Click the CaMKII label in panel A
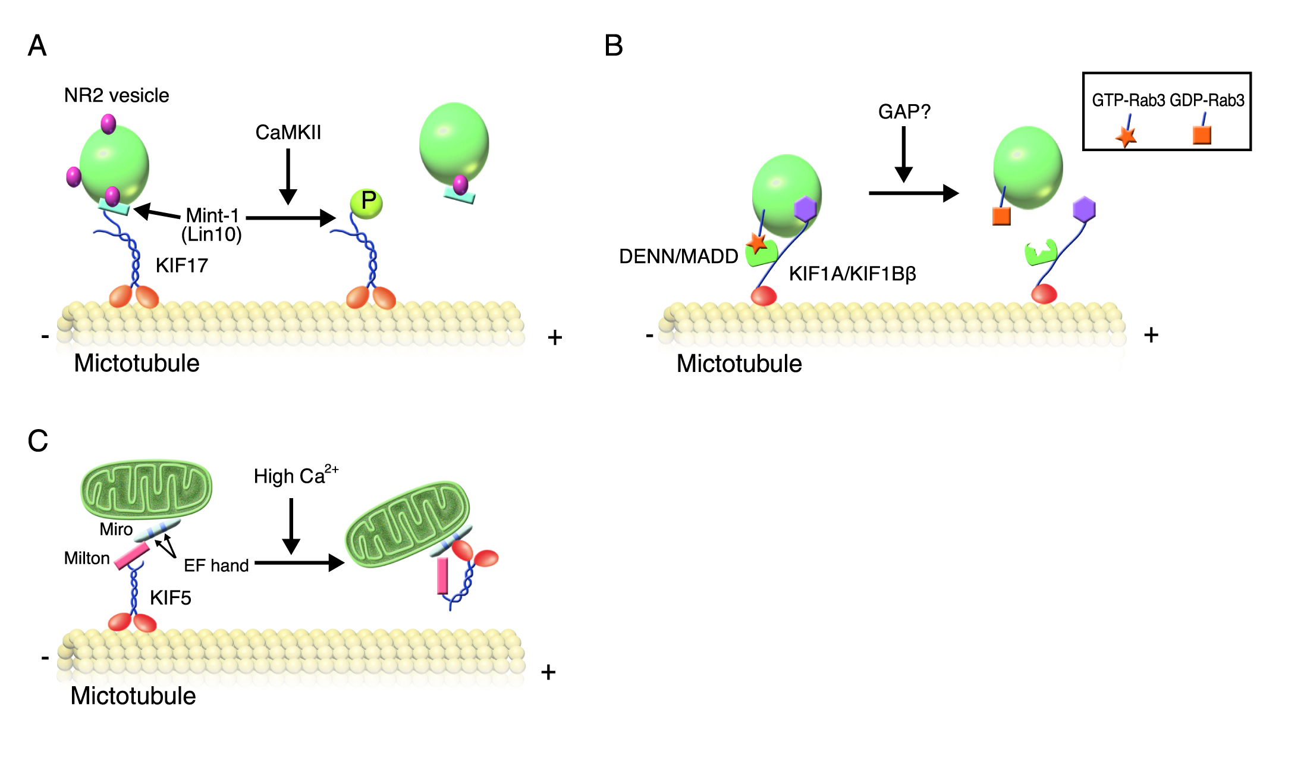(288, 132)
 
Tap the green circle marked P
(366, 203)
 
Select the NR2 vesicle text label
(117, 95)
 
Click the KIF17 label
(182, 265)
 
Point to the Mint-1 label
(212, 215)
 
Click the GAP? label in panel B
(904, 111)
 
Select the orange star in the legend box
(1126, 136)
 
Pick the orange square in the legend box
(1202, 135)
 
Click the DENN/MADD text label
(678, 257)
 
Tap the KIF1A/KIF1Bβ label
(852, 274)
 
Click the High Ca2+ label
(296, 476)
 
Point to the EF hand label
(216, 565)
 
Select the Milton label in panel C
(87, 558)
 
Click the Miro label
(116, 529)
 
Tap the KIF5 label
(171, 598)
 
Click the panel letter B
(614, 46)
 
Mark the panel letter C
(38, 441)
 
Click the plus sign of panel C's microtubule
(548, 672)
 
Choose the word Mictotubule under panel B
(739, 364)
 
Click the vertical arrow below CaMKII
(288, 176)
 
